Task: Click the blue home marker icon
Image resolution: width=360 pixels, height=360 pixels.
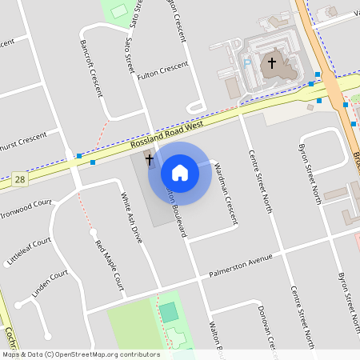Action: click(180, 173)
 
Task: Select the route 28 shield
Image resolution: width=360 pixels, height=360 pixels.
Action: click(19, 180)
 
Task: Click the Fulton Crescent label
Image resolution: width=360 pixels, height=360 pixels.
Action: click(162, 70)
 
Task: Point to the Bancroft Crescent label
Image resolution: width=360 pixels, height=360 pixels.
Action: click(90, 63)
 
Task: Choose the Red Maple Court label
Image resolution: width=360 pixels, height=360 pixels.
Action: click(110, 264)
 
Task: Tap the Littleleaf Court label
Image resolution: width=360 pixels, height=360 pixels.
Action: click(29, 248)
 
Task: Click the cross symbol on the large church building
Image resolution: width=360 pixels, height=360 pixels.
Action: click(271, 62)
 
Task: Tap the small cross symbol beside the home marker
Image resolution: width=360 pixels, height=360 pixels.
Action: click(149, 159)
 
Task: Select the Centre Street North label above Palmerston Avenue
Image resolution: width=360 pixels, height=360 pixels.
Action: click(261, 182)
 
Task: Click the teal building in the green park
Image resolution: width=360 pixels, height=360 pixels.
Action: click(168, 312)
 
